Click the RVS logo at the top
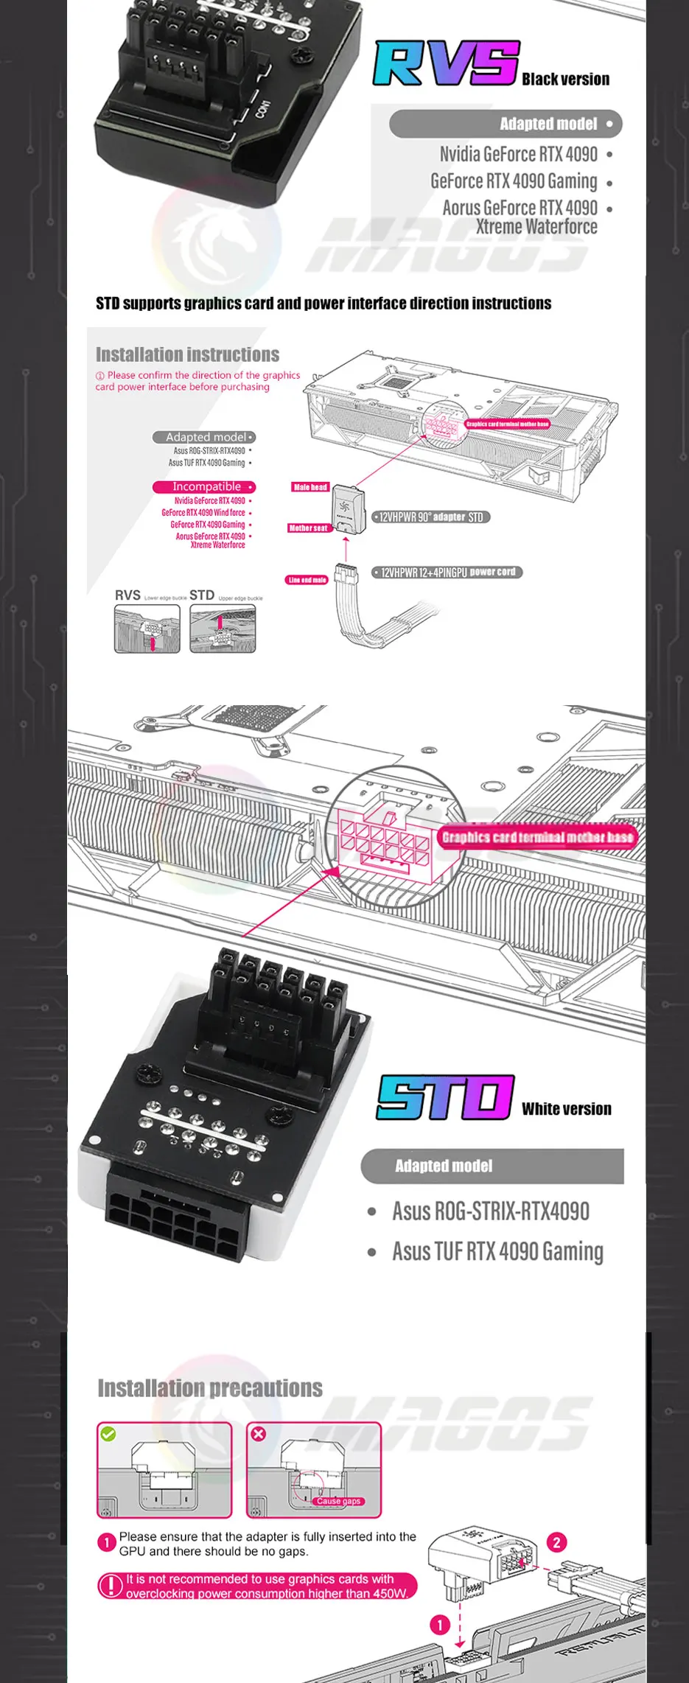pyautogui.click(x=446, y=63)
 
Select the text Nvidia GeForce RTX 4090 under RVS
pyautogui.click(x=518, y=154)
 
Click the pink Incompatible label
pyautogui.click(x=204, y=487)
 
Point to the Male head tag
pyautogui.click(x=310, y=487)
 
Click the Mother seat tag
pyautogui.click(x=308, y=528)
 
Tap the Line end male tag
pyautogui.click(x=307, y=580)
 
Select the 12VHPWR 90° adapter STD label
pyautogui.click(x=431, y=517)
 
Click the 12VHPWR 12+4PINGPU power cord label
pyautogui.click(x=447, y=572)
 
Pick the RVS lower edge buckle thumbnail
pyautogui.click(x=147, y=629)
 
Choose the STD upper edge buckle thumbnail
pyautogui.click(x=223, y=629)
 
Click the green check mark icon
pyautogui.click(x=108, y=1434)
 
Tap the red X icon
pyautogui.click(x=258, y=1434)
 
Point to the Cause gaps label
pyautogui.click(x=338, y=1501)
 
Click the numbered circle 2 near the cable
pyautogui.click(x=556, y=1542)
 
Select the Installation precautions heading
pyautogui.click(x=210, y=1388)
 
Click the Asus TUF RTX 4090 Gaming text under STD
pyautogui.click(x=497, y=1251)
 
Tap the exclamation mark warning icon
pyautogui.click(x=111, y=1585)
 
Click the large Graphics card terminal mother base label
pyautogui.click(x=537, y=837)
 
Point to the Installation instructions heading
pyautogui.click(x=187, y=354)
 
